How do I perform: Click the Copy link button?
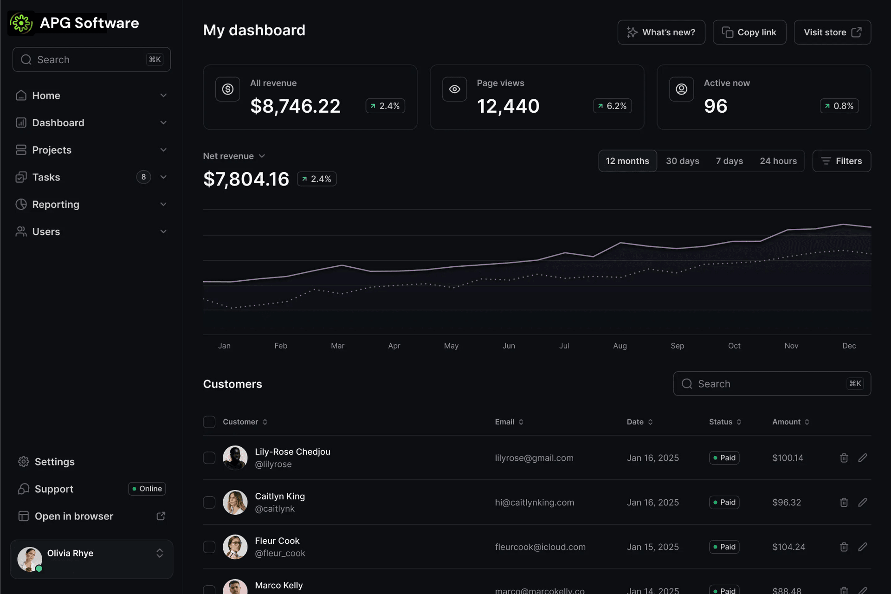coord(749,32)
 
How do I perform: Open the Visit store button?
coord(832,32)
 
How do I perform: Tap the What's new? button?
coord(661,32)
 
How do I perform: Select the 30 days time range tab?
coord(682,161)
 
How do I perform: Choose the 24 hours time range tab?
coord(778,161)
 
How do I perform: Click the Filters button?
coord(841,161)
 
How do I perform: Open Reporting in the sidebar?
coord(56,205)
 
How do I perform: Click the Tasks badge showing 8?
coord(143,177)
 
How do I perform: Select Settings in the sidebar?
coord(54,462)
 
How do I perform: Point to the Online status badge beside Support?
coord(147,489)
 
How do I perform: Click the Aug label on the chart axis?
coord(620,346)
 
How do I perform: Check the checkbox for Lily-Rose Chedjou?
coord(209,458)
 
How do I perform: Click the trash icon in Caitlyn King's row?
coord(844,503)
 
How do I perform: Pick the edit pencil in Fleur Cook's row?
coord(862,547)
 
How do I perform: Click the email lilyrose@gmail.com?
coord(534,458)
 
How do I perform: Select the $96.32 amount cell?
coord(786,503)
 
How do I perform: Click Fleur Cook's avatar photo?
coord(235,547)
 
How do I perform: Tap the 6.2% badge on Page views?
coord(612,106)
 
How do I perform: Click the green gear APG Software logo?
coord(21,23)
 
